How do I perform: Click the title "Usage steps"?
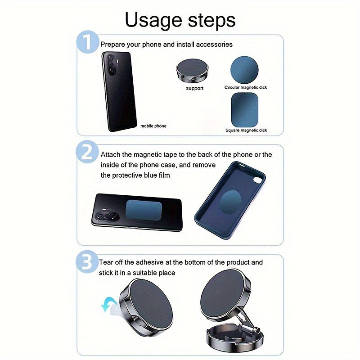[x=180, y=20]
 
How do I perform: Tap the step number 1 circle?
[x=87, y=42]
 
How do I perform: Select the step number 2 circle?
[x=87, y=152]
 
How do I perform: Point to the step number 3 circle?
[x=87, y=262]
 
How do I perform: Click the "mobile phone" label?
[x=153, y=126]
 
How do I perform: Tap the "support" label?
[x=195, y=88]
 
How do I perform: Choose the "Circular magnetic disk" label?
[x=246, y=87]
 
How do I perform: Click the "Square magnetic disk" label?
[x=246, y=130]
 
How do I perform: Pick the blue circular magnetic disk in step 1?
[x=244, y=70]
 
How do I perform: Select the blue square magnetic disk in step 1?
[x=245, y=110]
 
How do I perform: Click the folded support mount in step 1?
[x=193, y=71]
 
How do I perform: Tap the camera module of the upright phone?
[x=111, y=64]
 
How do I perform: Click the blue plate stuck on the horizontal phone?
[x=144, y=210]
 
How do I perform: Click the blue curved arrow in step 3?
[x=109, y=303]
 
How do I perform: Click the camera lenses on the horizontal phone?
[x=108, y=216]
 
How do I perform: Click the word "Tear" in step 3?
[x=106, y=262]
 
